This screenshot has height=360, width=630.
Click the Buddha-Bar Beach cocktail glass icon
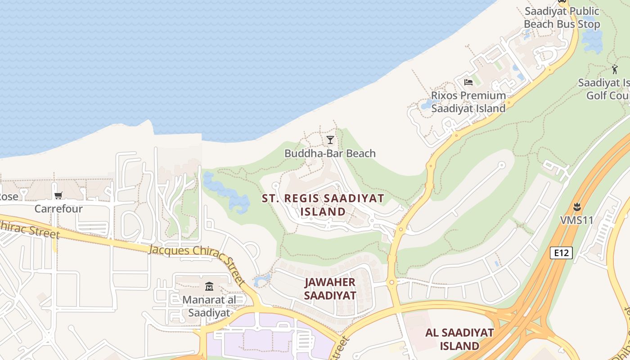pyautogui.click(x=330, y=140)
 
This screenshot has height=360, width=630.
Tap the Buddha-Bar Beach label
pyautogui.click(x=330, y=153)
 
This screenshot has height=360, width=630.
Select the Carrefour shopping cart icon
pyautogui.click(x=58, y=195)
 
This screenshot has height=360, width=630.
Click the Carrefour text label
pyautogui.click(x=58, y=209)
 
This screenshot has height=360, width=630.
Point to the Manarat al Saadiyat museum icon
pyautogui.click(x=209, y=286)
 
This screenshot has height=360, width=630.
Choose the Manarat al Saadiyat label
pyautogui.click(x=209, y=306)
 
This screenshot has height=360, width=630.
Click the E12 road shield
pyautogui.click(x=561, y=253)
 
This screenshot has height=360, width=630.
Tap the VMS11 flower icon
pyautogui.click(x=576, y=207)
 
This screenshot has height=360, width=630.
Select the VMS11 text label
pyautogui.click(x=576, y=220)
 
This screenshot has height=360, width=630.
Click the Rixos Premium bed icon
pyautogui.click(x=468, y=82)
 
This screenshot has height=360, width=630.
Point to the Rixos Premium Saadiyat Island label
pyautogui.click(x=468, y=102)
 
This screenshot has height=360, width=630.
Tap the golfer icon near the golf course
pyautogui.click(x=615, y=69)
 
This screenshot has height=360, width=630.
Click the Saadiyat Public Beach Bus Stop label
pyautogui.click(x=562, y=18)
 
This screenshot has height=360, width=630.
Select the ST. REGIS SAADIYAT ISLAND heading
pyautogui.click(x=323, y=205)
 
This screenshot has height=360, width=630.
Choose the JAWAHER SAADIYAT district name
pyautogui.click(x=330, y=288)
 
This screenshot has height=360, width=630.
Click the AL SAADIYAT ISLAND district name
pyautogui.click(x=459, y=339)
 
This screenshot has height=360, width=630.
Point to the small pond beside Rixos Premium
pyautogui.click(x=425, y=105)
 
